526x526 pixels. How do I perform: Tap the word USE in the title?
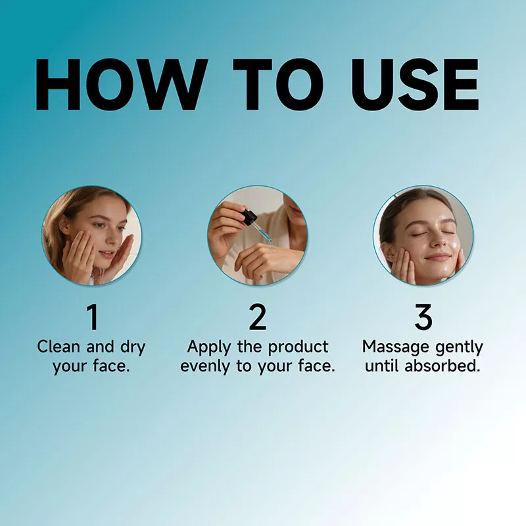(x=415, y=85)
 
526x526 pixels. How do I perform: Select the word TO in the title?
(x=279, y=85)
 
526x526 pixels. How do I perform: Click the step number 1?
(x=93, y=318)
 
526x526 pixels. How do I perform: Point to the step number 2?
(x=258, y=318)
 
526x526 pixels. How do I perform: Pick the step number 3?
(x=423, y=318)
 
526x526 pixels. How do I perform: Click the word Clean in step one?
(x=59, y=347)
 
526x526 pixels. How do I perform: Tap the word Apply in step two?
(x=209, y=348)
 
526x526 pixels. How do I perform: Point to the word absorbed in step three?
(x=442, y=366)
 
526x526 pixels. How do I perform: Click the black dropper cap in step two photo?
(x=249, y=217)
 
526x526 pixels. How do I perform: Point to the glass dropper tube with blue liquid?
(x=264, y=233)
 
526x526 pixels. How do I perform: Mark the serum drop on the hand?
(x=272, y=249)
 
